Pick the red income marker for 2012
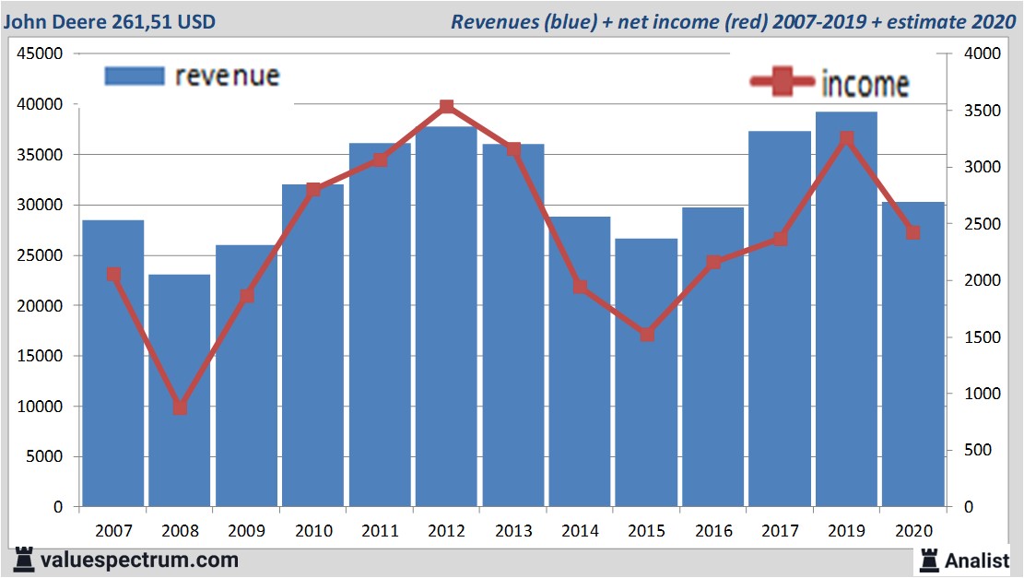pyautogui.click(x=447, y=107)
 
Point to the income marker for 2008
pyautogui.click(x=180, y=407)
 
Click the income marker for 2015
pyautogui.click(x=646, y=335)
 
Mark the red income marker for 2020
pyautogui.click(x=912, y=232)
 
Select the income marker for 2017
pyautogui.click(x=780, y=239)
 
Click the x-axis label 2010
pyautogui.click(x=313, y=531)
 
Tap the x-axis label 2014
pyautogui.click(x=580, y=531)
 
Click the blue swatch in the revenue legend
pyautogui.click(x=135, y=76)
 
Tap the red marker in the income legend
pyautogui.click(x=783, y=83)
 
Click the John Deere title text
pyautogui.click(x=111, y=20)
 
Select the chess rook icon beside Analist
pyautogui.click(x=928, y=560)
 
